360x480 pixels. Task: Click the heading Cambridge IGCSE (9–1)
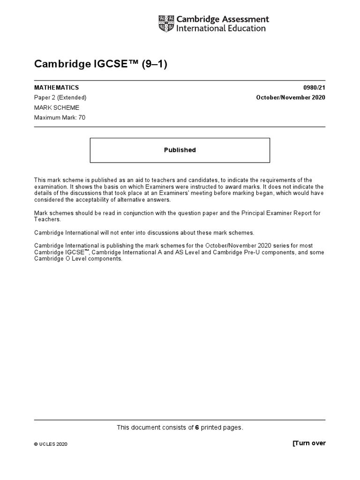pyautogui.click(x=101, y=64)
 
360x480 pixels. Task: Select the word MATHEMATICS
pyautogui.click(x=56, y=88)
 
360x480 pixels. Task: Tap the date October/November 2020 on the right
pyautogui.click(x=290, y=97)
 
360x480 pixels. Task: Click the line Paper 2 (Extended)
pyautogui.click(x=60, y=97)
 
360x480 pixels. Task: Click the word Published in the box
pyautogui.click(x=180, y=150)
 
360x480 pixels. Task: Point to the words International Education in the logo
pyautogui.click(x=221, y=29)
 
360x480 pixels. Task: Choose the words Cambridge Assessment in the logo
pyautogui.click(x=222, y=19)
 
